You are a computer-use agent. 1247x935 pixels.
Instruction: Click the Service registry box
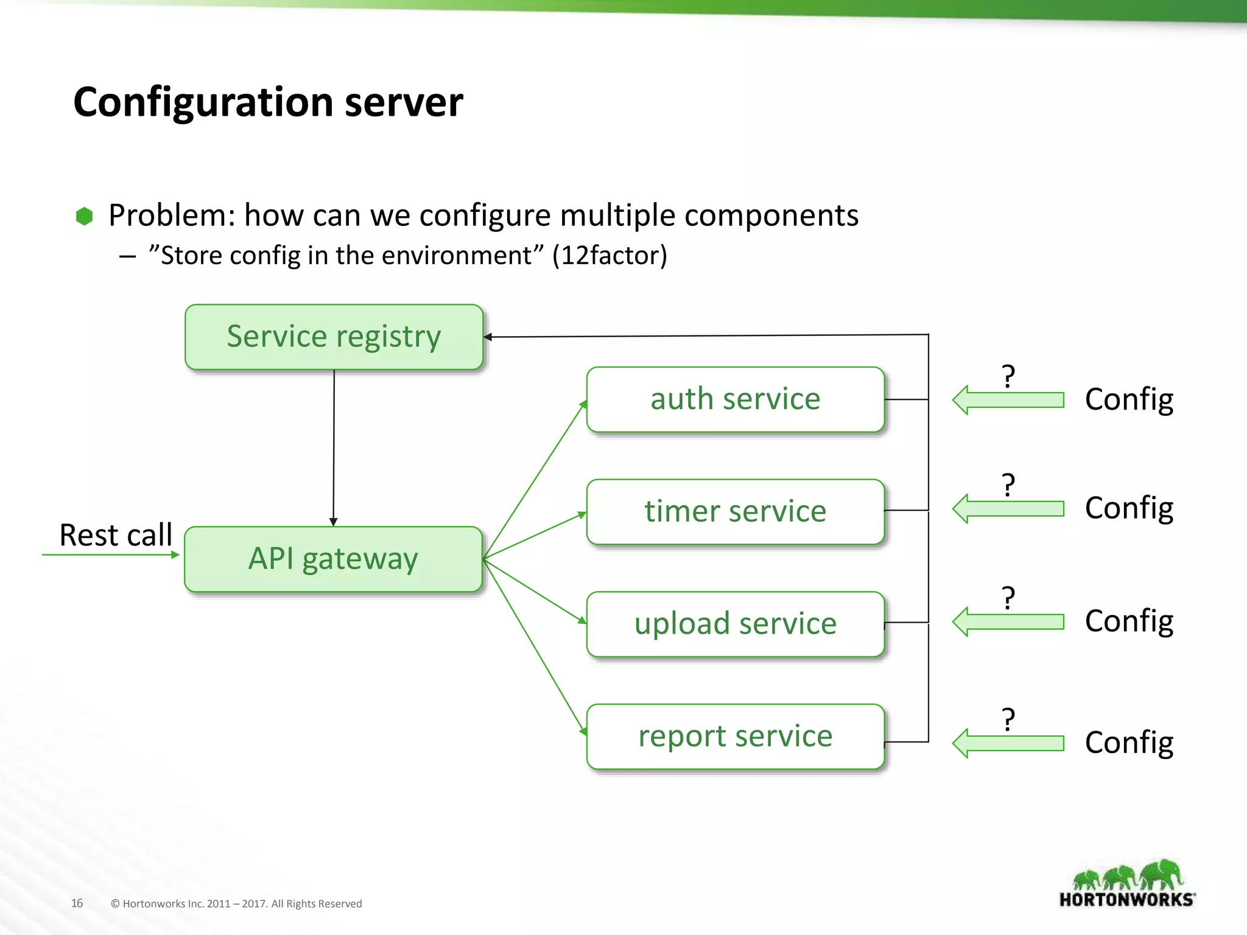tap(334, 337)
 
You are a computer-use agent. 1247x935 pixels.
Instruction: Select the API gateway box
tap(333, 559)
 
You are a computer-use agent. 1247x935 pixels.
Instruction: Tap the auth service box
tap(735, 399)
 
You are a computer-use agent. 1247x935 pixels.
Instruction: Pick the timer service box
tap(735, 511)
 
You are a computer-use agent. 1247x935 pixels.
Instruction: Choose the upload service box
tap(735, 624)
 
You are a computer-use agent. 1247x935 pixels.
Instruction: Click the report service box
tap(735, 737)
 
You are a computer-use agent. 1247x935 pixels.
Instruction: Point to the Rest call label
tap(116, 535)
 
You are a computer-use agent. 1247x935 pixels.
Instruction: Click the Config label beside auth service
tap(1129, 400)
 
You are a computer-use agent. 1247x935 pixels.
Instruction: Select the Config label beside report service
tap(1129, 743)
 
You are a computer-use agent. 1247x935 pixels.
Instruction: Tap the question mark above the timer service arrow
tap(1008, 485)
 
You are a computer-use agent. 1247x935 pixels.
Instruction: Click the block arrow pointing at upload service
tap(1008, 622)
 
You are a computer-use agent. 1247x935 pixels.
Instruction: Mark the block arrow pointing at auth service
tap(1008, 400)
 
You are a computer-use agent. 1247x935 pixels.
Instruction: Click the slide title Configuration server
tap(268, 102)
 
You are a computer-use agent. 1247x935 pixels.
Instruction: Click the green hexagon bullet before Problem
tap(84, 216)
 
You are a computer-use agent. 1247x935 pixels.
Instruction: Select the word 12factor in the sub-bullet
tap(609, 255)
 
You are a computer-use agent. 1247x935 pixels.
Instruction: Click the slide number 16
tap(77, 903)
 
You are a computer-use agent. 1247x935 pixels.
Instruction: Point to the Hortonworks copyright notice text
tap(236, 904)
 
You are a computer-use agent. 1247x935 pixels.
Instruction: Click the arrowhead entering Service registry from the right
tap(488, 337)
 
